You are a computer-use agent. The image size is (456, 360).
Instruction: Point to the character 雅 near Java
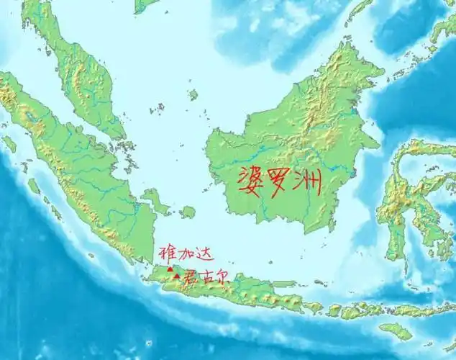[x=164, y=254]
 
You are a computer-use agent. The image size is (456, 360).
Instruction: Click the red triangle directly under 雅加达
[x=170, y=269]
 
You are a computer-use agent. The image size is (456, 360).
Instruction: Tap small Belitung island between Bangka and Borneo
[x=188, y=212]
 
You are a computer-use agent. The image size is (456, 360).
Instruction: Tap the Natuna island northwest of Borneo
[x=193, y=94]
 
